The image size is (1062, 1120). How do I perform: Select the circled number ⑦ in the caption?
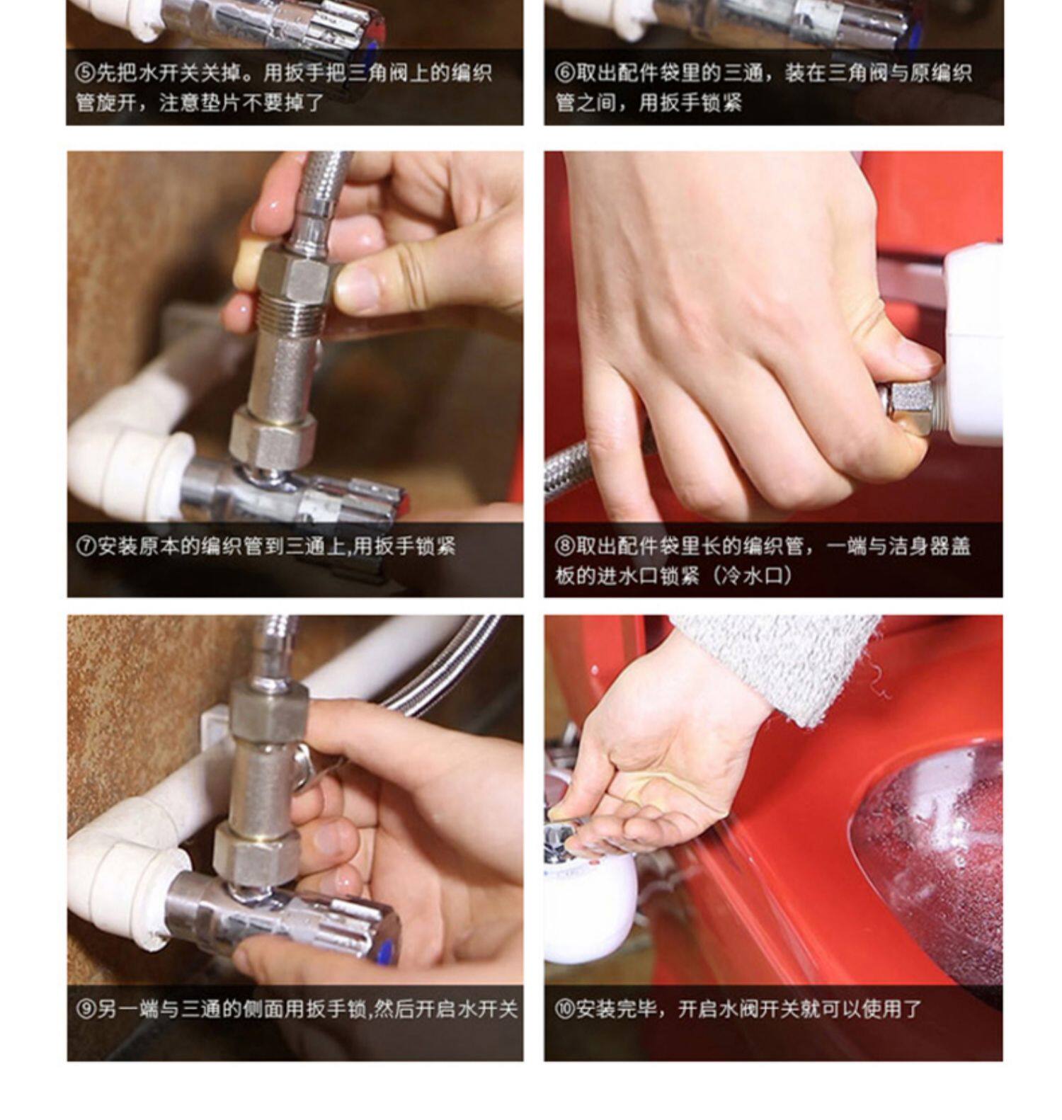[86, 547]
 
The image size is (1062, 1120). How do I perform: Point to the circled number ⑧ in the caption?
[564, 547]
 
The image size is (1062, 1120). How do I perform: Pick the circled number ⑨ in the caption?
[86, 1010]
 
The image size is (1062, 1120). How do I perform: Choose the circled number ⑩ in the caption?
[564, 1010]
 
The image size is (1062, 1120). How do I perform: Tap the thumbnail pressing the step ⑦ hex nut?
[358, 286]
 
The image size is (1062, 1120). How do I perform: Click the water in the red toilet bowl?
[935, 864]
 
